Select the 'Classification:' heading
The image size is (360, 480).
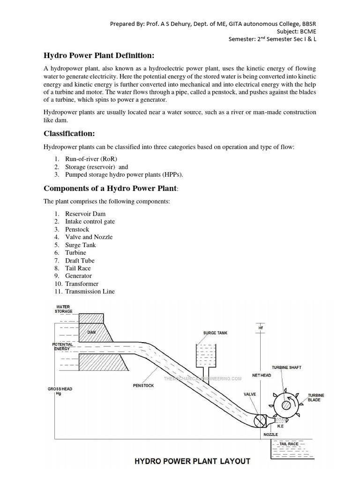click(69, 134)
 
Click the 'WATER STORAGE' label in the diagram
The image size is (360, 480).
click(63, 309)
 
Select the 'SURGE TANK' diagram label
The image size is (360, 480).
click(216, 333)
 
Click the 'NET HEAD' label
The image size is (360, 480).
click(262, 375)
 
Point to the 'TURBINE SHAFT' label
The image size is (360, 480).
click(287, 367)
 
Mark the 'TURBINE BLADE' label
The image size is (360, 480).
click(316, 398)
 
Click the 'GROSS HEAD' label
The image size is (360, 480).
click(60, 391)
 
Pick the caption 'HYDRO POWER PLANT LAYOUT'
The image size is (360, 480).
click(193, 461)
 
